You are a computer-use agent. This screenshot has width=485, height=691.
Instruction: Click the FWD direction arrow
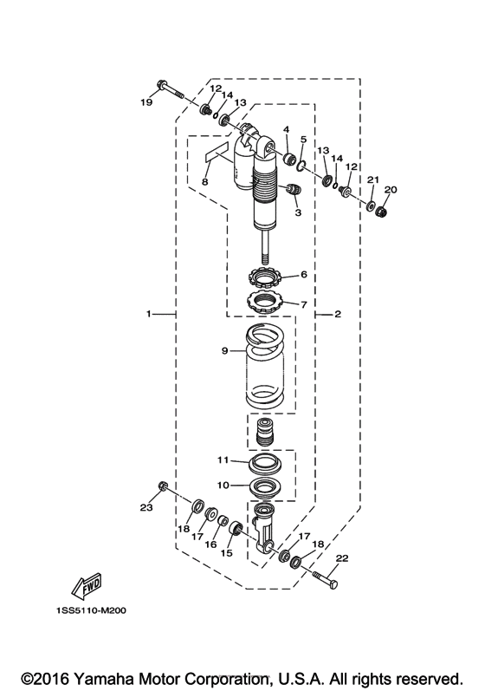click(x=87, y=586)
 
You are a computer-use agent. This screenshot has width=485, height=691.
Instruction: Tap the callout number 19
click(x=146, y=102)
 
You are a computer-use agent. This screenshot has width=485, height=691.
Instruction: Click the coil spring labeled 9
click(x=264, y=365)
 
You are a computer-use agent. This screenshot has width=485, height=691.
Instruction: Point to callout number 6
click(x=304, y=274)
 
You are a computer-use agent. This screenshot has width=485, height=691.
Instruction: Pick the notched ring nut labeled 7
click(x=264, y=302)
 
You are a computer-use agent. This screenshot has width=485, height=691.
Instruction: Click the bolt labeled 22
click(x=326, y=580)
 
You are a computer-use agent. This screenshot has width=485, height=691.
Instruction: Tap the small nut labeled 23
click(x=161, y=486)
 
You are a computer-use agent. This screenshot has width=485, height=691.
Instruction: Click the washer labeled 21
click(x=372, y=205)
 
